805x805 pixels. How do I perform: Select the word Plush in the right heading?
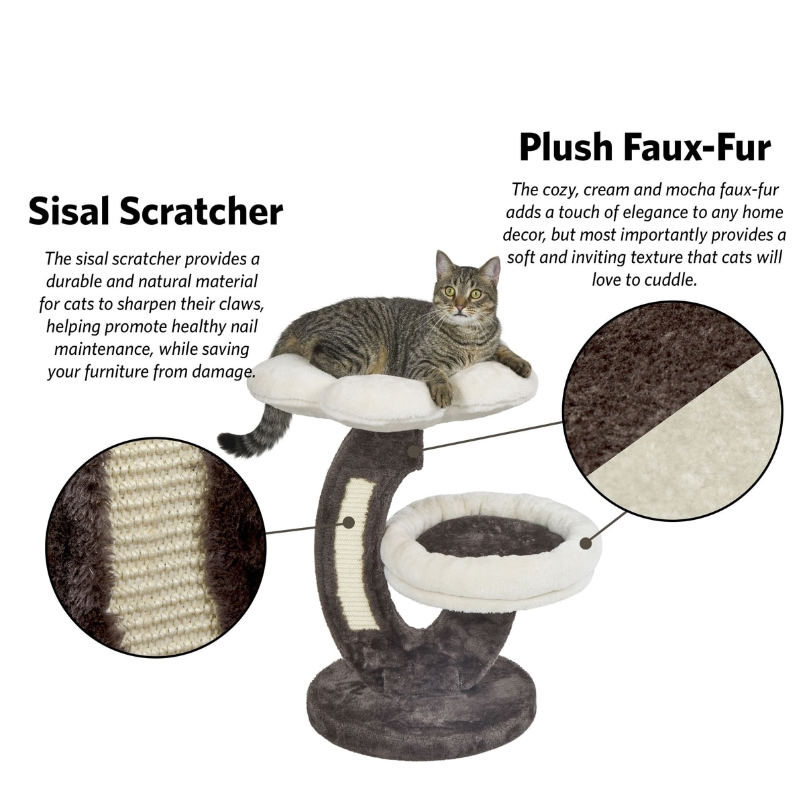(566, 147)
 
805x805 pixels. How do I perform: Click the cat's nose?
(460, 309)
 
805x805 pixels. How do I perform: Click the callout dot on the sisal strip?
(348, 522)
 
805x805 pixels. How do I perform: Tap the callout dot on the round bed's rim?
(586, 543)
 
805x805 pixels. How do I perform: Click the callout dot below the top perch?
(413, 451)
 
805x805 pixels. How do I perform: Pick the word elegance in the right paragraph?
(655, 213)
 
